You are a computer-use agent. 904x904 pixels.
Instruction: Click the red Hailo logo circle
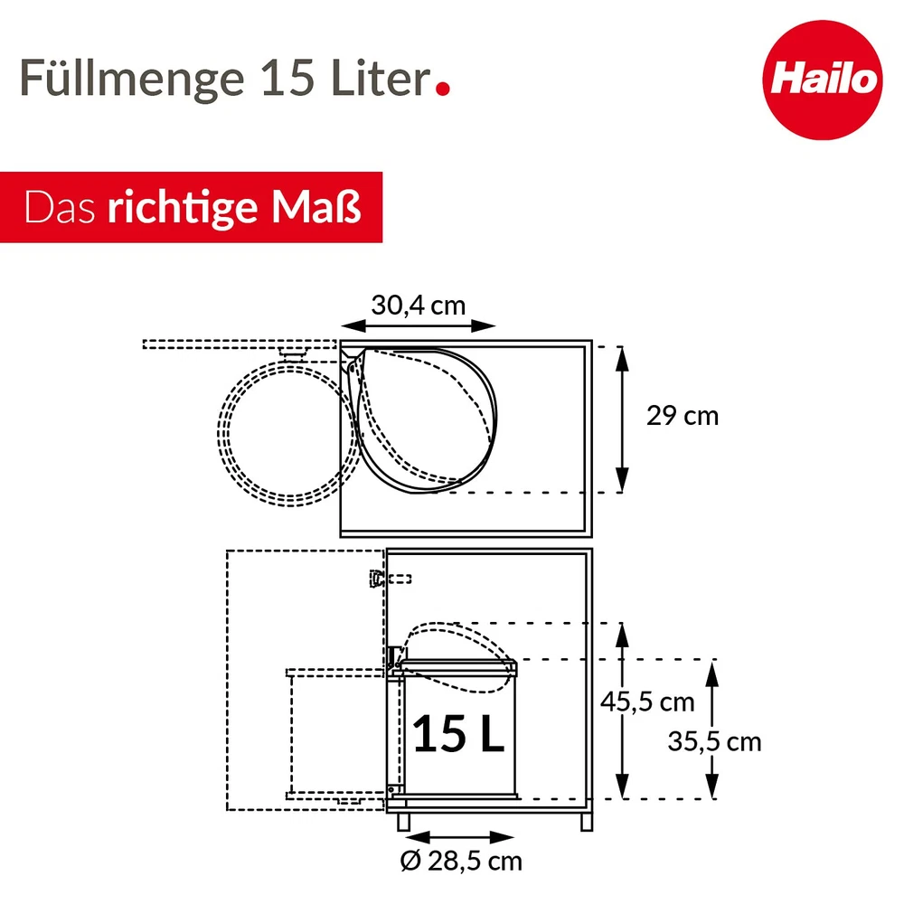point(822,80)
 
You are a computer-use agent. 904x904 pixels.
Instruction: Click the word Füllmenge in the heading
point(132,79)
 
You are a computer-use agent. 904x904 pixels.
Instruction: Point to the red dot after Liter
point(443,89)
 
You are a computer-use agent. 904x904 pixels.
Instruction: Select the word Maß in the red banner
point(316,206)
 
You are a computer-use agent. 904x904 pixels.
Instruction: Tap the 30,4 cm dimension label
point(418,305)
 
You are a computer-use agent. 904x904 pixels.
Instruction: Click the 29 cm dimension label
point(683,416)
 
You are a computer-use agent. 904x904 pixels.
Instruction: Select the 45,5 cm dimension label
point(647,702)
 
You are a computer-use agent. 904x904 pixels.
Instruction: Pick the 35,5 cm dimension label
point(714,741)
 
